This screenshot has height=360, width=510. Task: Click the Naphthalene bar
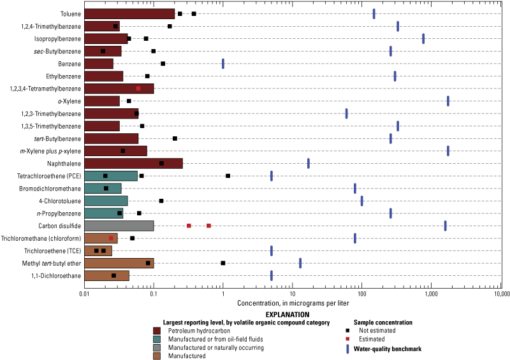coord(133,164)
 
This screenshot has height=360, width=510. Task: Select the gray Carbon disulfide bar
coord(119,226)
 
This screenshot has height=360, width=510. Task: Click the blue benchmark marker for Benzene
coord(223,64)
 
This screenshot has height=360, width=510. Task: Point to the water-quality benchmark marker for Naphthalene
coord(309,164)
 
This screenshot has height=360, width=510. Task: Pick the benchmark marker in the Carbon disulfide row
coord(445,226)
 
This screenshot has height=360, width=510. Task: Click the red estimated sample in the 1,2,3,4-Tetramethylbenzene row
coord(138,89)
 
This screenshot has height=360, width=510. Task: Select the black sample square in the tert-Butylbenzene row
coord(175,138)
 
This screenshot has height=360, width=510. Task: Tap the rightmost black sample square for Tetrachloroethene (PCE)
coord(228,176)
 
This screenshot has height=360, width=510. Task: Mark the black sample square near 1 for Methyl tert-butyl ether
coord(223,263)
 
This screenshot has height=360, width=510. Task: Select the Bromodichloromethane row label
coord(49,189)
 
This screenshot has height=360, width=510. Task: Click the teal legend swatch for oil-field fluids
coord(157,338)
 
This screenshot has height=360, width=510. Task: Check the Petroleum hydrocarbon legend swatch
coord(157,330)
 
